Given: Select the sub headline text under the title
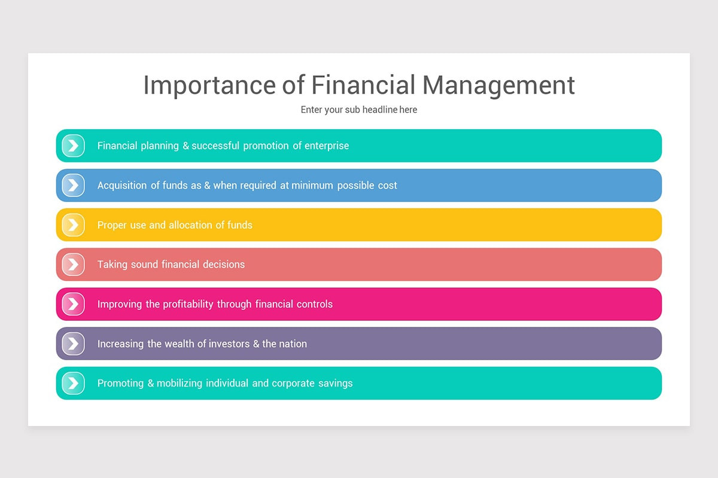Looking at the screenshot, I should (359, 110).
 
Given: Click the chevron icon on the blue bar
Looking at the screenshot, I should (73, 185).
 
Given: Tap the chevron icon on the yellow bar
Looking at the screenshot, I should (73, 225).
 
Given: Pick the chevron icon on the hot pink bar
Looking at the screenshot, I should (73, 304).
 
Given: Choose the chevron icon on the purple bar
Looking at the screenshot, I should (73, 344).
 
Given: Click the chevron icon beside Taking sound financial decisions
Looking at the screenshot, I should (73, 264).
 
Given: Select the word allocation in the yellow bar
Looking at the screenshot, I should (190, 225).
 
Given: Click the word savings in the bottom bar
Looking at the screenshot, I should (336, 384).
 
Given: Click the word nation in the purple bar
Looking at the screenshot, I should (293, 344).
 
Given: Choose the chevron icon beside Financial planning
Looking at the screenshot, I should (73, 146).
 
